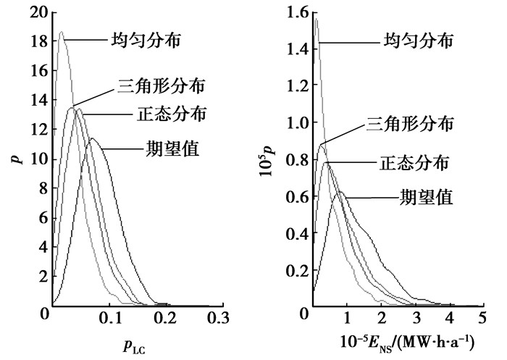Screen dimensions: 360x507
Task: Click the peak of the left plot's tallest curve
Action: (61, 33)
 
